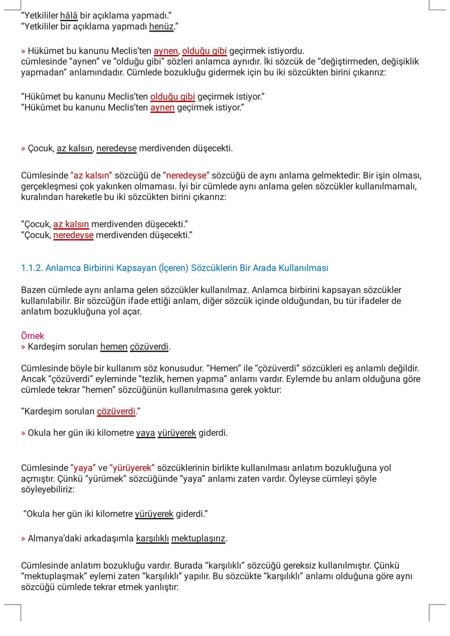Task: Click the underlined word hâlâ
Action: tap(69, 16)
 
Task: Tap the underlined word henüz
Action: tap(161, 27)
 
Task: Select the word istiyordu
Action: tap(285, 51)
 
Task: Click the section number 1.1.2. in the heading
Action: tap(32, 268)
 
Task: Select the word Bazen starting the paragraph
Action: tap(33, 290)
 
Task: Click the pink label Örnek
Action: tap(32, 336)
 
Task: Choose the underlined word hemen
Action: tap(114, 347)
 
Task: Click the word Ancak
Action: tap(33, 379)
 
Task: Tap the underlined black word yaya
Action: tap(145, 433)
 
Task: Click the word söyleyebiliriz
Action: tap(47, 489)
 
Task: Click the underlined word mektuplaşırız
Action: tap(198, 539)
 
